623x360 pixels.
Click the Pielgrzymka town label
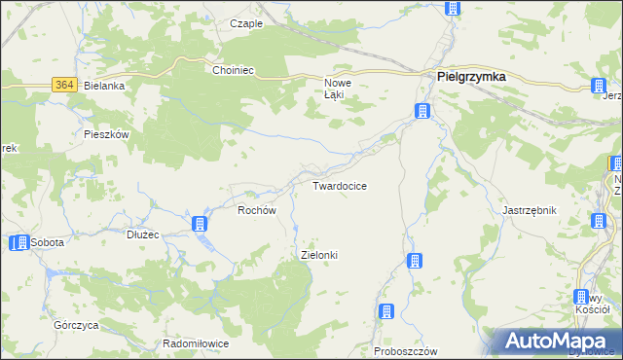click(470, 79)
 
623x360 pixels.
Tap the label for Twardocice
click(339, 185)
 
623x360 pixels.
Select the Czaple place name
click(246, 23)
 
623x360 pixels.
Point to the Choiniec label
click(234, 70)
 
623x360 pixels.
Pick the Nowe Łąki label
click(337, 89)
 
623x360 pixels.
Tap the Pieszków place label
click(107, 135)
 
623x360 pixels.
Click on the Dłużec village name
click(143, 234)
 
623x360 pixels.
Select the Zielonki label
click(319, 255)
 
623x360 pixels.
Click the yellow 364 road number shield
click(65, 86)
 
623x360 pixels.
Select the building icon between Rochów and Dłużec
click(201, 225)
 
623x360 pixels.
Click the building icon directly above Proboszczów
click(386, 311)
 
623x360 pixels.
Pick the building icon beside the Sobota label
click(18, 242)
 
